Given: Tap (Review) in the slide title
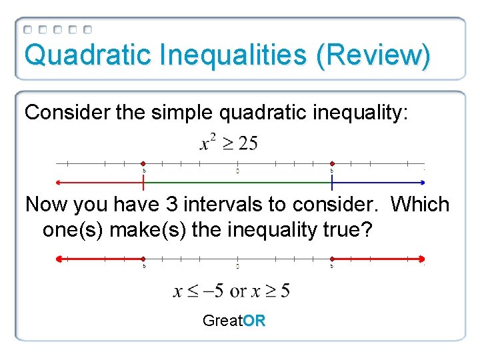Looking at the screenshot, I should click(373, 55).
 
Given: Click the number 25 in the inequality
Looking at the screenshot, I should click(247, 143).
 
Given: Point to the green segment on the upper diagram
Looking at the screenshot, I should click(237, 182).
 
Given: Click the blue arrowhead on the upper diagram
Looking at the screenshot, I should click(422, 182).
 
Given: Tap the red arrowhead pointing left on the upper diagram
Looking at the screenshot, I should click(59, 182).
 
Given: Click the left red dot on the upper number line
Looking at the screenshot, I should click(144, 163).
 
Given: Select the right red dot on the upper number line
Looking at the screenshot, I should click(332, 163).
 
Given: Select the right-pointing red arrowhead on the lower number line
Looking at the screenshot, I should click(421, 258).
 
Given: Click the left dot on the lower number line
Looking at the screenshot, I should click(144, 258).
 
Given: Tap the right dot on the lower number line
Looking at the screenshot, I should click(332, 258).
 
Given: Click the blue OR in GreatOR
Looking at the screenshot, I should click(254, 321).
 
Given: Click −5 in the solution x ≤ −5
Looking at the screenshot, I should click(213, 291).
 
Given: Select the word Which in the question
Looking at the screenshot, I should click(420, 205).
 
